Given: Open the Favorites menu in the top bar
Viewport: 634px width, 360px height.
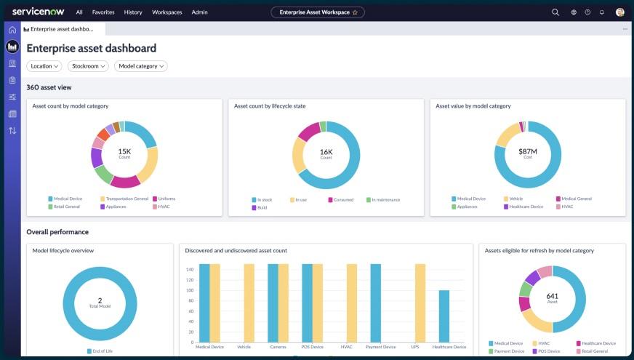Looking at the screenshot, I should (103, 12).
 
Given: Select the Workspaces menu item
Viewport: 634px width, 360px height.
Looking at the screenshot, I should (166, 12).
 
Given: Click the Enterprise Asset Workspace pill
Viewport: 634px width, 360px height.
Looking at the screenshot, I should (317, 12).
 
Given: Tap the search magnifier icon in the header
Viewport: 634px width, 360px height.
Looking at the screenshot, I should (555, 12).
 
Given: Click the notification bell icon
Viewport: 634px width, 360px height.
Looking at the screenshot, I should (601, 12).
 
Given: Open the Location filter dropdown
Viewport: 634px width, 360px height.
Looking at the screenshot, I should (44, 66).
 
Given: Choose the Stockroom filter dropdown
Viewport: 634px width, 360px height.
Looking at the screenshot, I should (88, 66).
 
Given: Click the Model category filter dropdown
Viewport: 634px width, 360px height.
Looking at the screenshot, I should (141, 66).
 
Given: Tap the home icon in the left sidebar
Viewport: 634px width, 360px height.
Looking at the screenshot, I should (12, 30).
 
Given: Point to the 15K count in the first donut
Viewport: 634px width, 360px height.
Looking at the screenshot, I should (124, 151).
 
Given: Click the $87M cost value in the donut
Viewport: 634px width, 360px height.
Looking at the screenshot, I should (527, 151).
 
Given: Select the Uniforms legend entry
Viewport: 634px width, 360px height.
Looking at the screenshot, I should (166, 199).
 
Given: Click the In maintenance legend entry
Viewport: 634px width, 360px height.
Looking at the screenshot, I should (385, 199).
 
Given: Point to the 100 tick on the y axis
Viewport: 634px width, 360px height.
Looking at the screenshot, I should (189, 290).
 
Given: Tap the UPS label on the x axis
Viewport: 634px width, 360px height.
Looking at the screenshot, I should (415, 347).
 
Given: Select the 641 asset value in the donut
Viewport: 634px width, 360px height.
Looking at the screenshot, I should (553, 296).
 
